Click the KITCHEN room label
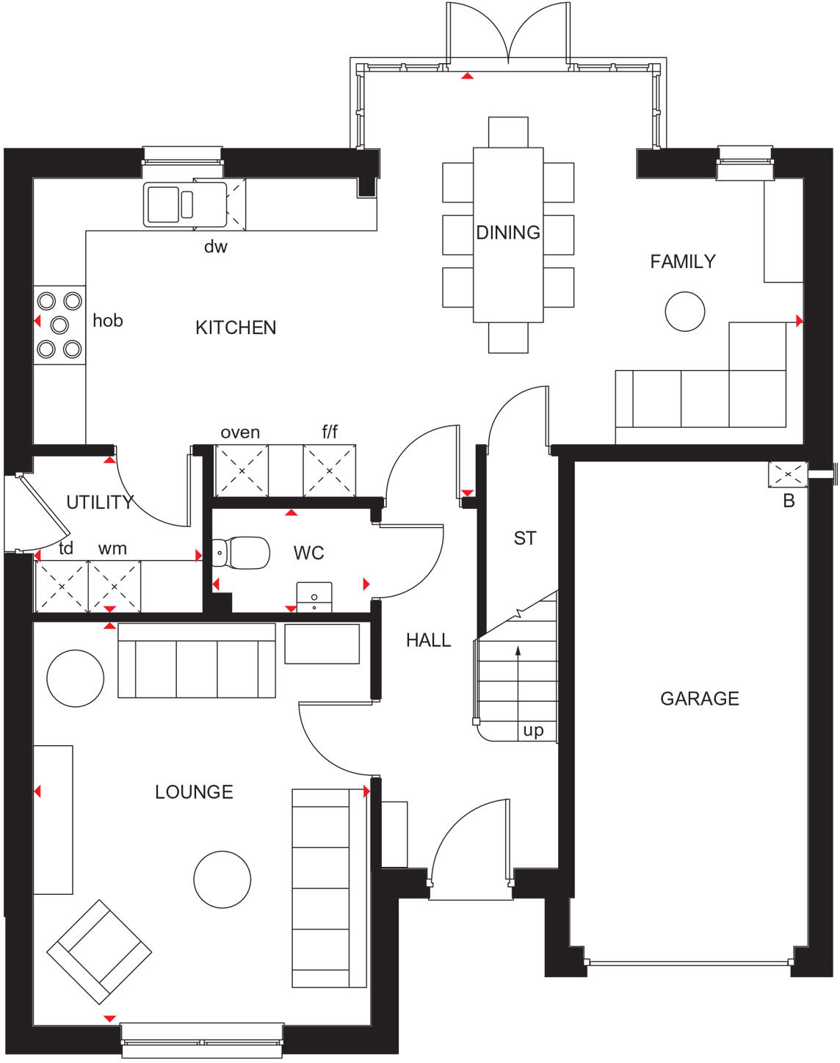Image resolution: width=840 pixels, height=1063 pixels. click(x=236, y=327)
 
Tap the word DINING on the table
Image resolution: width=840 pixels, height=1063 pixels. click(x=507, y=233)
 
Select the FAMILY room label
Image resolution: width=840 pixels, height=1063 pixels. click(x=682, y=261)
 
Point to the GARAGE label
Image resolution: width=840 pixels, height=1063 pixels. click(x=699, y=698)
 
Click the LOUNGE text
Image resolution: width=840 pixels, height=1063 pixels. click(x=194, y=791)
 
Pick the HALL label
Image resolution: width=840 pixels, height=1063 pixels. click(x=428, y=640)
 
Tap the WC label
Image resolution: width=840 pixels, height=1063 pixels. click(x=308, y=553)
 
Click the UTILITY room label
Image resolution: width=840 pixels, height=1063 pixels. click(x=100, y=502)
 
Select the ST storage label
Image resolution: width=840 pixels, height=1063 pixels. click(x=524, y=538)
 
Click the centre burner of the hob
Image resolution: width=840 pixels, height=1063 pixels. click(x=59, y=324)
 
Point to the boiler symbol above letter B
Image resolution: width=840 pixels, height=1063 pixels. click(x=787, y=475)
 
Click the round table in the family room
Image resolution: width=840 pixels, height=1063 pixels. click(x=684, y=311)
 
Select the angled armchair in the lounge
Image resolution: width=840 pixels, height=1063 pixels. click(x=99, y=951)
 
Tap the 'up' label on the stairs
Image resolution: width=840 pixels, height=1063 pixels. click(x=533, y=730)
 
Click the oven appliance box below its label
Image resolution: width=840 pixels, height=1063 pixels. click(x=241, y=471)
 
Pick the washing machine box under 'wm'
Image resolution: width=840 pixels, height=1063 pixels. click(x=114, y=587)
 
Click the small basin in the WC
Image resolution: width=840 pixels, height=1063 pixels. click(x=314, y=598)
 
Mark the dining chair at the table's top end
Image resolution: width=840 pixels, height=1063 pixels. click(x=507, y=131)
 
